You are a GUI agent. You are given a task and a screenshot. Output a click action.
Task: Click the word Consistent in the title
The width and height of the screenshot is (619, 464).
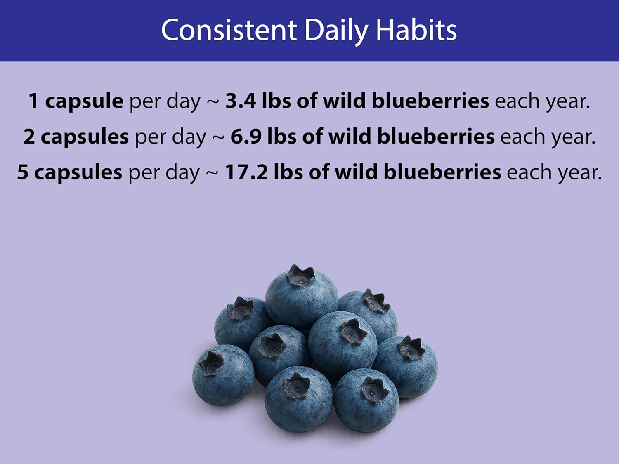point(229,30)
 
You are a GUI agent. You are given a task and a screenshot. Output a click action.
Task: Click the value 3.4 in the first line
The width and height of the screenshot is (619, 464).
point(241,101)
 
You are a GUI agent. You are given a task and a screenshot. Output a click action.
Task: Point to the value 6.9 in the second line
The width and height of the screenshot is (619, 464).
point(246,137)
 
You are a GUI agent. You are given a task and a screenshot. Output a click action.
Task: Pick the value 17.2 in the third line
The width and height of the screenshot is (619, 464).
point(246,172)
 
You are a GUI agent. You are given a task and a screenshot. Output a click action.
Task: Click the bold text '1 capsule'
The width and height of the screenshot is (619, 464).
point(76,101)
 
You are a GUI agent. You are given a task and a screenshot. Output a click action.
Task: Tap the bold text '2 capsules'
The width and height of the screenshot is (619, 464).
point(76,137)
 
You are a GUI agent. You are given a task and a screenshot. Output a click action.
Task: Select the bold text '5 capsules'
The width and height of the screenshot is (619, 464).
point(70,172)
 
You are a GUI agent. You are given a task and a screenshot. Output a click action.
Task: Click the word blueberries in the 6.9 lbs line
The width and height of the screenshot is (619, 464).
point(436,137)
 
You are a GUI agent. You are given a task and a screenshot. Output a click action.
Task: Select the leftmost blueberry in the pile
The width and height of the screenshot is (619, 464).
point(223,374)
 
